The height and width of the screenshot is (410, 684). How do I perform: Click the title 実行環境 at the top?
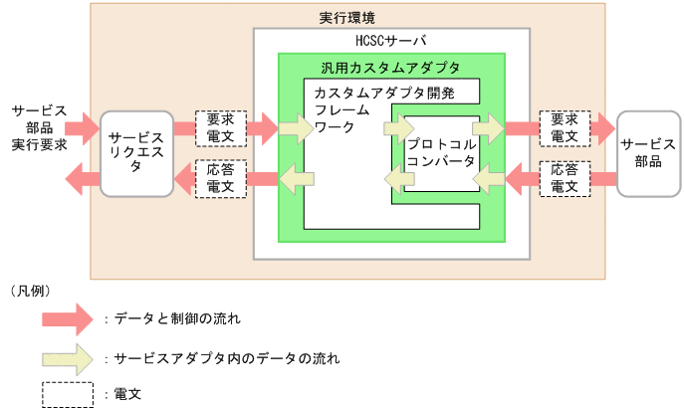346,19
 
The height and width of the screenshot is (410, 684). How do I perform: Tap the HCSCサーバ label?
389,41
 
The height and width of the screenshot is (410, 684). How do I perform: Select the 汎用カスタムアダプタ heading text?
390,69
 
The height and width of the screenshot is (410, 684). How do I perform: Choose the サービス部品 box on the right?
647,153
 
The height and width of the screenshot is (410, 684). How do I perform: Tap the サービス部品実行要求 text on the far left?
39,127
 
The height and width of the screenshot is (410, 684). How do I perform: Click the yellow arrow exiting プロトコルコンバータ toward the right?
489,128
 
